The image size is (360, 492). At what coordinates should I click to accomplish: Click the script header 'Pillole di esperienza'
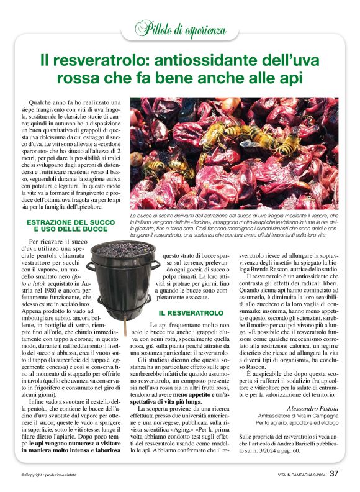(x=180, y=27)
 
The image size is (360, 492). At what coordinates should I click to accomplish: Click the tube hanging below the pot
(x=124, y=326)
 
